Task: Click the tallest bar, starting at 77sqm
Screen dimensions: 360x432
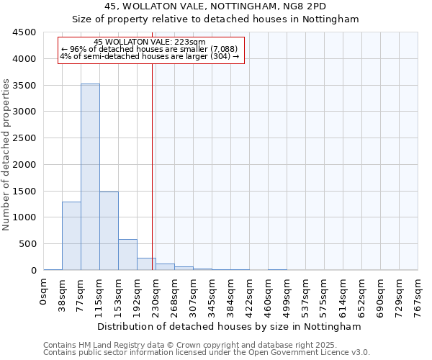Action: click(90, 177)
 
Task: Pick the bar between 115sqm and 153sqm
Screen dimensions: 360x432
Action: click(109, 231)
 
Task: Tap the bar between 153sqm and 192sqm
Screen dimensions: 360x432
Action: click(127, 255)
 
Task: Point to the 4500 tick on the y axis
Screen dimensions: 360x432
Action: click(24, 32)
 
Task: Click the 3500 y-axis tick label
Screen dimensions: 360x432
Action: click(24, 86)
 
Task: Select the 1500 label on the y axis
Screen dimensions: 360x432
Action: click(24, 192)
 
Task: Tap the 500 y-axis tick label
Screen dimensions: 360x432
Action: click(27, 244)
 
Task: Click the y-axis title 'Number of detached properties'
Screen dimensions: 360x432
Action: click(6, 155)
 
